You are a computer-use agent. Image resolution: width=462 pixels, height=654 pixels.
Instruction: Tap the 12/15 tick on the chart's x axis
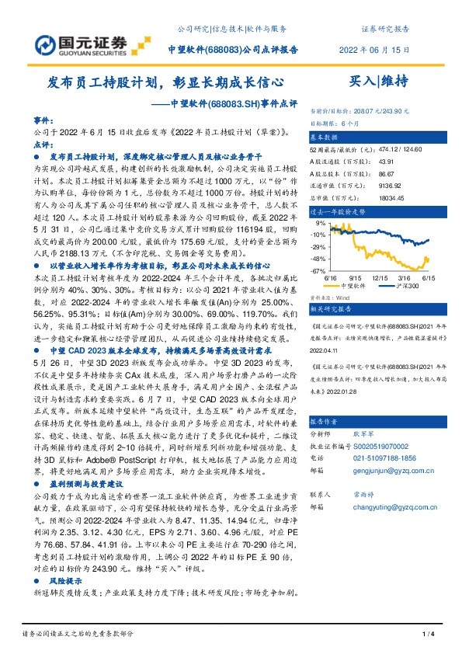[380, 277]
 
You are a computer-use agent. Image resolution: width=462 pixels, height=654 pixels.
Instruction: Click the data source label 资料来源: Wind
[330, 297]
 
